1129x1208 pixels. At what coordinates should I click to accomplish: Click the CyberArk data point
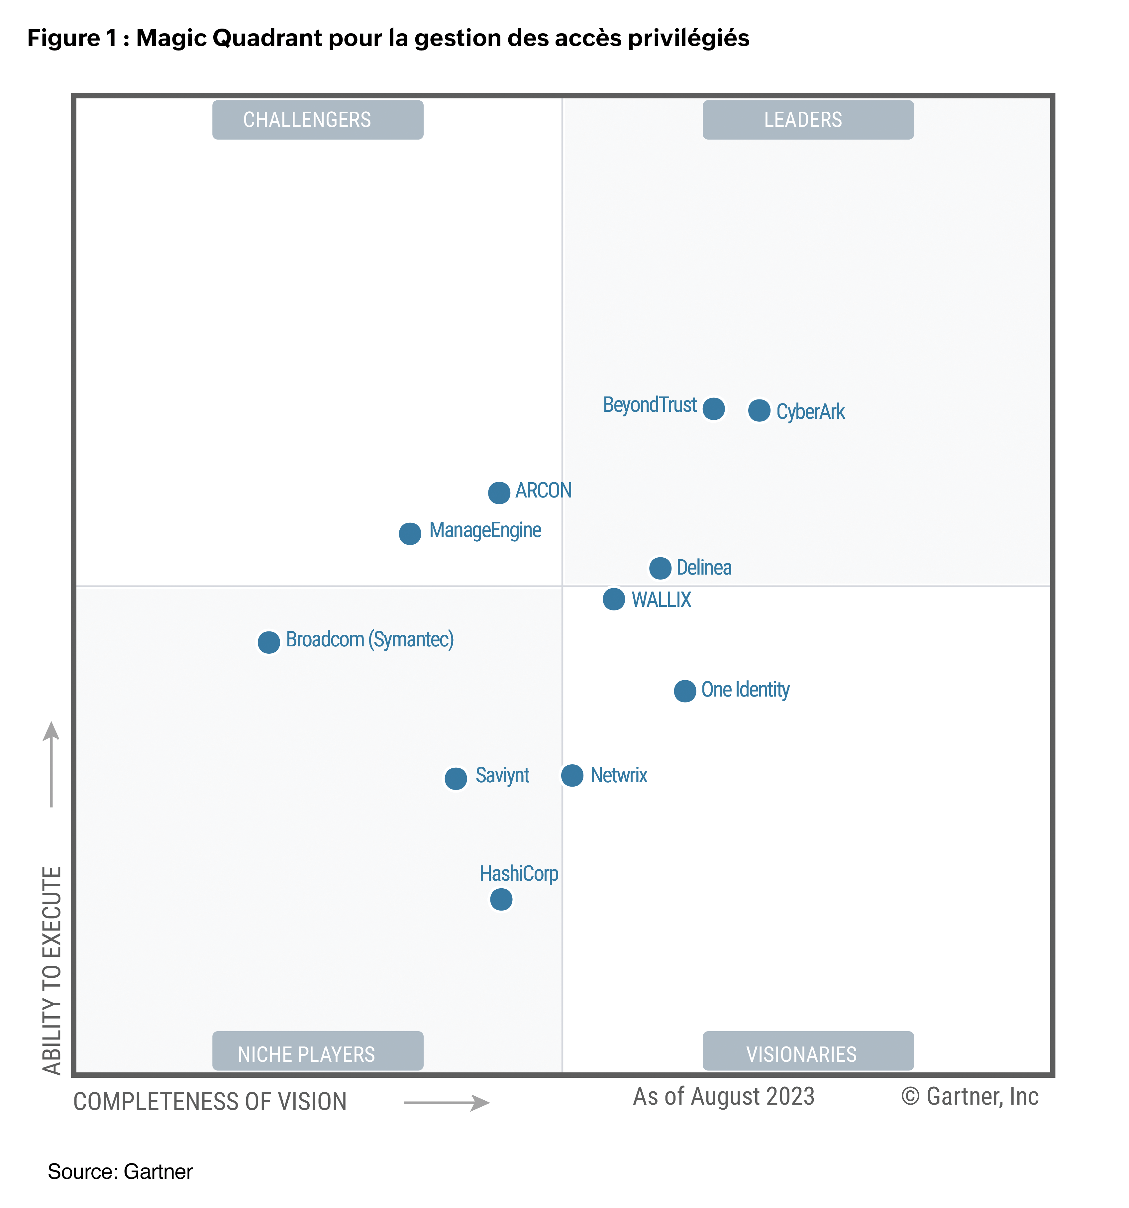click(x=759, y=411)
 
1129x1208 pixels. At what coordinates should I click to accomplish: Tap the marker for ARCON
click(x=499, y=493)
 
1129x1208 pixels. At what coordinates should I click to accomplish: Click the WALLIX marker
click(x=614, y=599)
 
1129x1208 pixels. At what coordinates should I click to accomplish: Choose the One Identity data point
click(x=685, y=691)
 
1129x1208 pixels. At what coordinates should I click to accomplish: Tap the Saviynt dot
click(x=456, y=778)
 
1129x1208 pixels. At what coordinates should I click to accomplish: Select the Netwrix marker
click(x=572, y=775)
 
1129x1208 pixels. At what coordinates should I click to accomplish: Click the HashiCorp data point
click(x=501, y=899)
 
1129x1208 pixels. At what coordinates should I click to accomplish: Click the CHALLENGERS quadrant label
click(x=318, y=120)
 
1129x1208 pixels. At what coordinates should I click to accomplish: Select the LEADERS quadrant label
click(x=808, y=120)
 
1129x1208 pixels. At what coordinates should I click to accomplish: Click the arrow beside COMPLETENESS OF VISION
click(x=447, y=1103)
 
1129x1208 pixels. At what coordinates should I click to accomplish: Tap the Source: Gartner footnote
click(x=120, y=1171)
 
